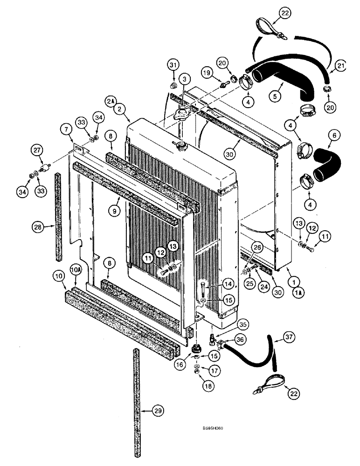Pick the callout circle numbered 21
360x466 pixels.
pyautogui.click(x=341, y=67)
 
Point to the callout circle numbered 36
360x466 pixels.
pyautogui.click(x=241, y=341)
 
